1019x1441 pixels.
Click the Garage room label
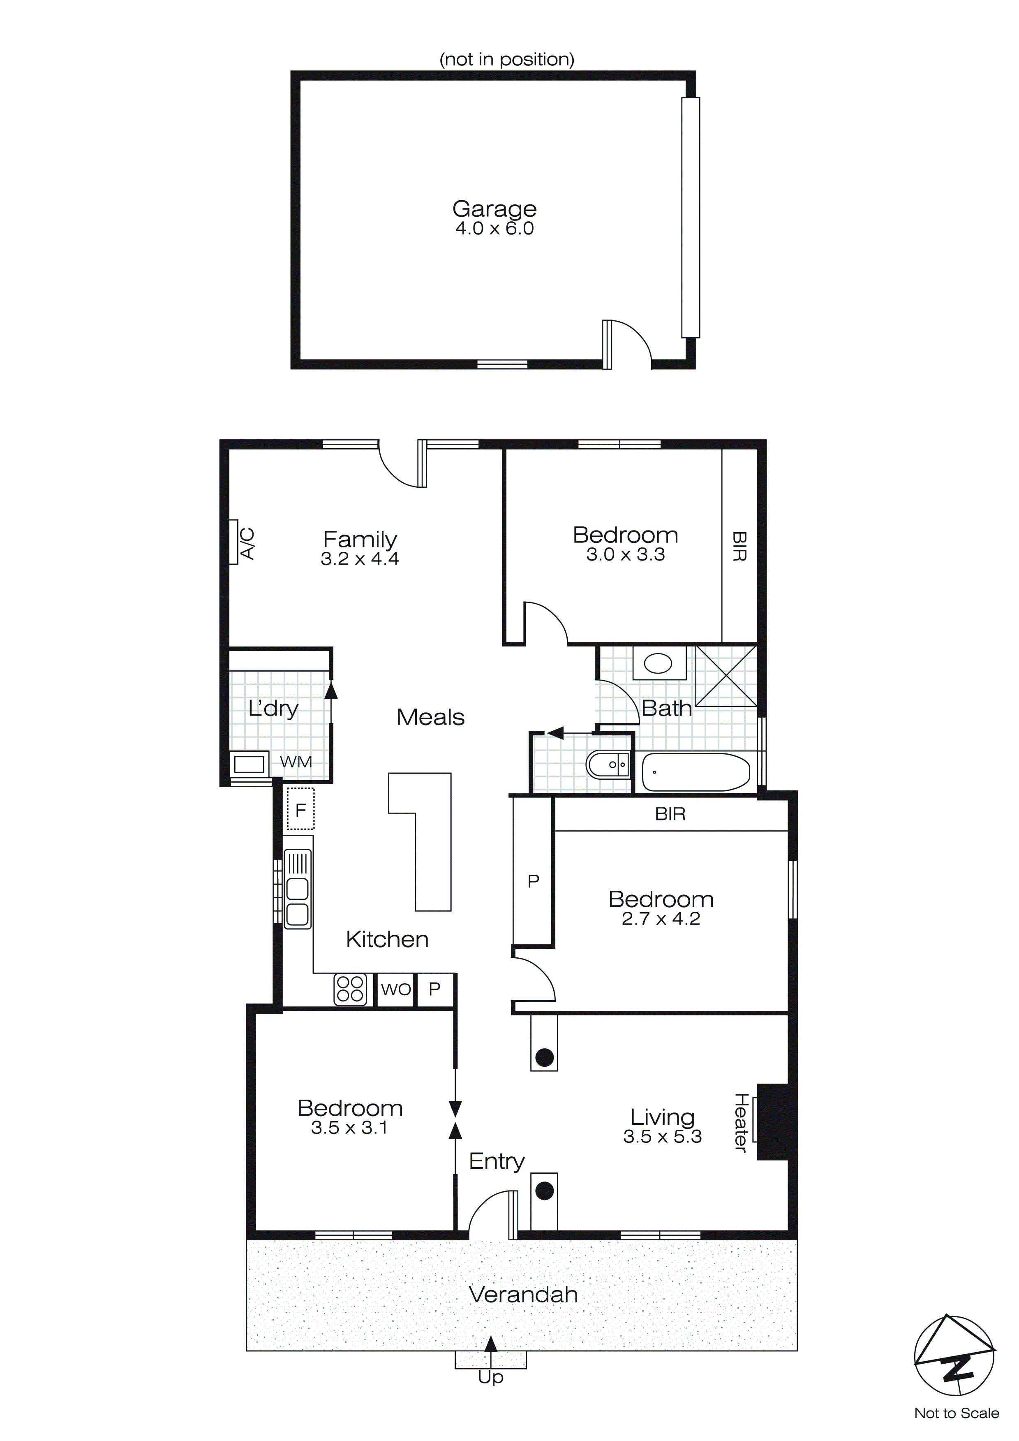(x=494, y=209)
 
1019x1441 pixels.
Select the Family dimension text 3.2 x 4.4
(x=360, y=558)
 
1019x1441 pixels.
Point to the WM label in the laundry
(x=296, y=762)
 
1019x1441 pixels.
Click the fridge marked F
(x=300, y=810)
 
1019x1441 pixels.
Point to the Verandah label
(x=523, y=1295)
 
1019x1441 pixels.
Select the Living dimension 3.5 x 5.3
(x=662, y=1137)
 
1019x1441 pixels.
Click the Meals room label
(x=430, y=717)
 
